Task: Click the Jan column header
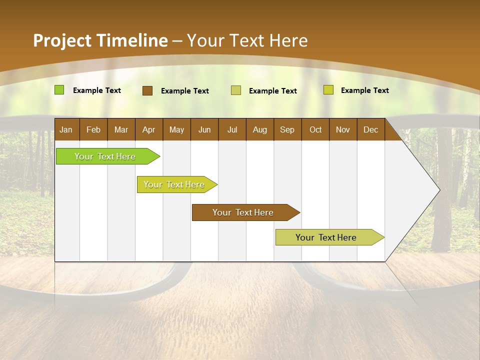point(66,130)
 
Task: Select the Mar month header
point(121,130)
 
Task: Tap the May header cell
point(176,130)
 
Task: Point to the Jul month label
point(232,130)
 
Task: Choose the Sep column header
point(287,130)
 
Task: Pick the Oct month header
point(315,130)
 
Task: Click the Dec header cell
point(370,130)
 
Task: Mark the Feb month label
point(93,130)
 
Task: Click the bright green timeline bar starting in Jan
point(105,156)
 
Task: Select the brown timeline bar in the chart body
point(243,212)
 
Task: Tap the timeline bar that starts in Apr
point(174,184)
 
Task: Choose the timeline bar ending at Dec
point(326,237)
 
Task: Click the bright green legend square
point(59,90)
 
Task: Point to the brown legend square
point(147,90)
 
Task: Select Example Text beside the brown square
point(185,91)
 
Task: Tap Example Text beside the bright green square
point(97,90)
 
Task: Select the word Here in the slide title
point(289,40)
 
